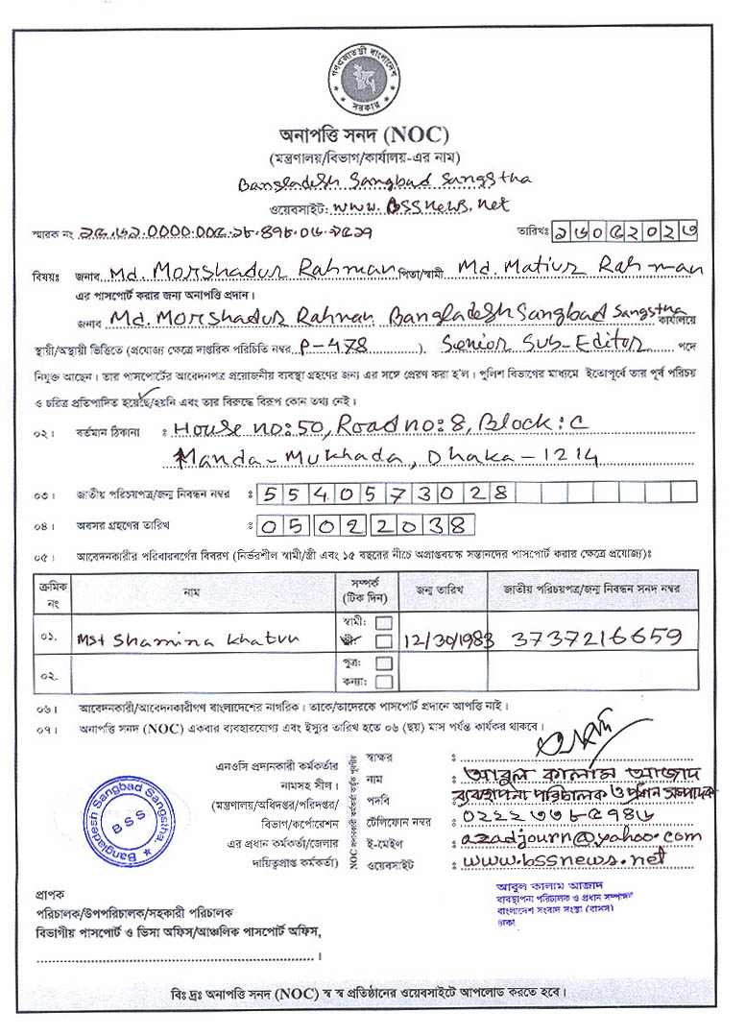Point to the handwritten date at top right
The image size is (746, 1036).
[642, 230]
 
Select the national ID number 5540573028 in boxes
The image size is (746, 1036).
[383, 494]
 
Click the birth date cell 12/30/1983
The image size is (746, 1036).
[445, 638]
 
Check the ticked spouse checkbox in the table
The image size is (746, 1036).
[383, 640]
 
